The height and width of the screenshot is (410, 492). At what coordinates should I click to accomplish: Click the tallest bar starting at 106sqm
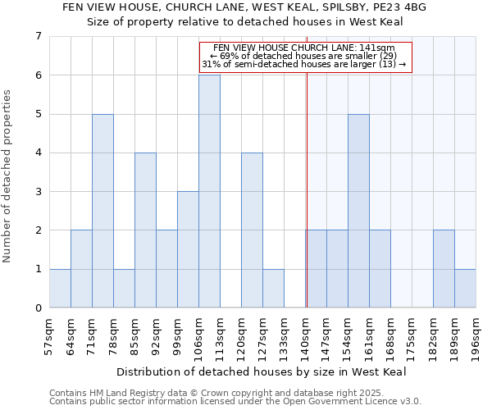(x=209, y=191)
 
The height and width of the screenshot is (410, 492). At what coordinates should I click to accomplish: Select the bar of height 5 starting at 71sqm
(x=102, y=211)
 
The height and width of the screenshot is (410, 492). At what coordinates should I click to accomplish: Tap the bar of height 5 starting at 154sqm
(x=358, y=211)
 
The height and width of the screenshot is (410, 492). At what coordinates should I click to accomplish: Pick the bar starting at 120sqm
(x=252, y=230)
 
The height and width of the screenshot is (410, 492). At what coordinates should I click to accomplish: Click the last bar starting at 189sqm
(x=465, y=289)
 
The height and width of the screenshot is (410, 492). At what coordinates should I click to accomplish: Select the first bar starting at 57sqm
(x=60, y=289)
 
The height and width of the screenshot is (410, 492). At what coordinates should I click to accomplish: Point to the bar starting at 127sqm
(x=273, y=289)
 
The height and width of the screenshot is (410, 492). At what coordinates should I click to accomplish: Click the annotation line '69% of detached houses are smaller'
(x=303, y=56)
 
